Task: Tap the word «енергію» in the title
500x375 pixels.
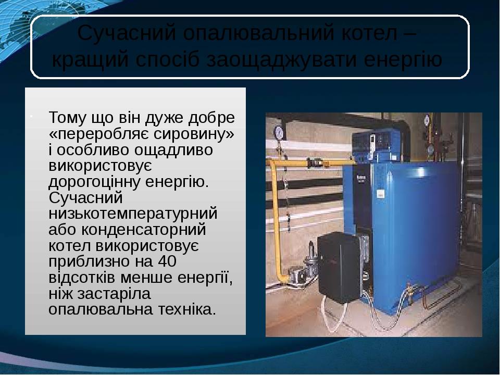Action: [x=403, y=60]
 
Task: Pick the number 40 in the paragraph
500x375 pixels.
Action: [x=167, y=261]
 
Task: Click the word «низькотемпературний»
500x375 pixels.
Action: [x=133, y=214]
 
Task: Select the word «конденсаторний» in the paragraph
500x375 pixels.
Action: [x=144, y=230]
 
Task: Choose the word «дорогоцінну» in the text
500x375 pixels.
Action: [x=94, y=182]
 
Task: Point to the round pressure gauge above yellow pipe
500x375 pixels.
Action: [x=279, y=131]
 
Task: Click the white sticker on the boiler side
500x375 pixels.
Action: [x=381, y=194]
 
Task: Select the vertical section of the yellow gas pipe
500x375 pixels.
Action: [x=276, y=220]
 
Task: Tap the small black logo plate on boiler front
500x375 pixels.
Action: [x=361, y=178]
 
